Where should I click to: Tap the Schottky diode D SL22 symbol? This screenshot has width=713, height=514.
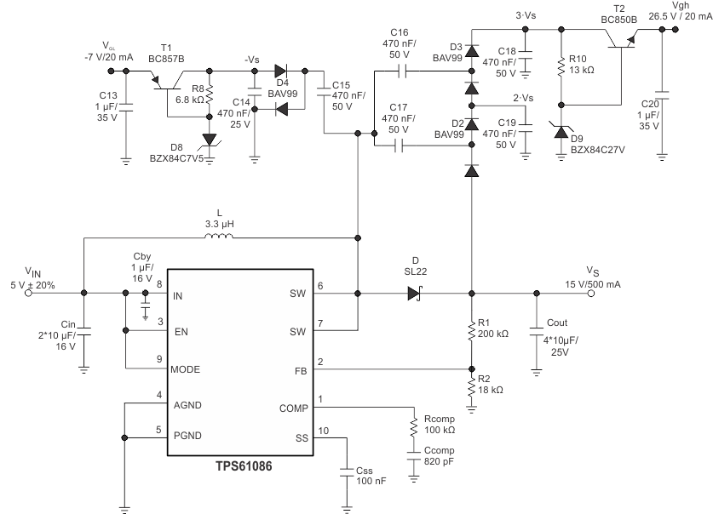coord(415,294)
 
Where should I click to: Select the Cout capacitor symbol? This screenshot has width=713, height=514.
coord(536,328)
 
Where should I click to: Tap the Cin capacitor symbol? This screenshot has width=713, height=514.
coord(83,334)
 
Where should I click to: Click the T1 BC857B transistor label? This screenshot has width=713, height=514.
coord(166,59)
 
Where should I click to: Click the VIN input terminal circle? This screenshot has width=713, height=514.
coord(29,294)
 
